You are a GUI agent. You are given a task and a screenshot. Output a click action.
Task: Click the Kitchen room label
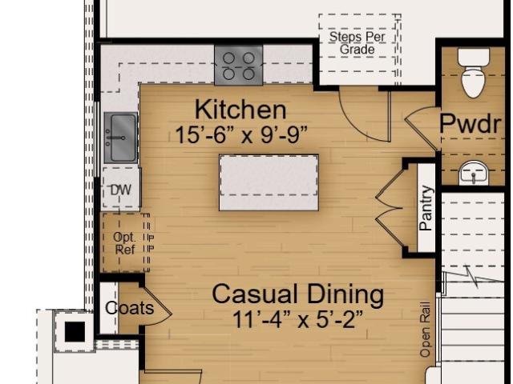coord(240,110)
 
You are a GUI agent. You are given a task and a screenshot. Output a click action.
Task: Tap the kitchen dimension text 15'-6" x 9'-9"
coord(241,134)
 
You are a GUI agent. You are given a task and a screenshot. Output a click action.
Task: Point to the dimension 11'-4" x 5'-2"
coord(297,319)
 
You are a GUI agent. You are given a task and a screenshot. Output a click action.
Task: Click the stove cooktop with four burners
coord(239,66)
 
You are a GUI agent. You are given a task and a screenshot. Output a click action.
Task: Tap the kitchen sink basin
coord(121,138)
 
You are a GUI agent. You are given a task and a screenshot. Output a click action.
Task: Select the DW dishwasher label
coord(120,190)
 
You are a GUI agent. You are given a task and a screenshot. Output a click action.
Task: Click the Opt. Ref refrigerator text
coord(124,243)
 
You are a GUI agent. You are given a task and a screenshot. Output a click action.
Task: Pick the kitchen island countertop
coord(269,182)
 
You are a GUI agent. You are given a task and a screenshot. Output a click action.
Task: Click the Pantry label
coord(426,208)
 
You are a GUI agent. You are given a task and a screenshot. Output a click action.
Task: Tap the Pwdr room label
coord(471,123)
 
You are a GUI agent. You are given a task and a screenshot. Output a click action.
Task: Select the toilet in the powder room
coord(474,74)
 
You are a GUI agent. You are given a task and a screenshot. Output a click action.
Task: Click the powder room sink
coord(474,173)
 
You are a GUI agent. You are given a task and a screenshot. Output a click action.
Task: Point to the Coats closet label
coord(130,308)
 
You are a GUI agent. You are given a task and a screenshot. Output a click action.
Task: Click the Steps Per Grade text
coord(357,43)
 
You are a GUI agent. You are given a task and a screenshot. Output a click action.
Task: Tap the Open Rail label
coord(425,329)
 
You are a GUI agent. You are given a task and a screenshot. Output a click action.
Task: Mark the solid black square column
coord(75,332)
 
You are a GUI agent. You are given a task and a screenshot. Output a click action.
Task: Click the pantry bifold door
coord(390,208)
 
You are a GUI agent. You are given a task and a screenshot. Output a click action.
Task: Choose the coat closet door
coord(157,307)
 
